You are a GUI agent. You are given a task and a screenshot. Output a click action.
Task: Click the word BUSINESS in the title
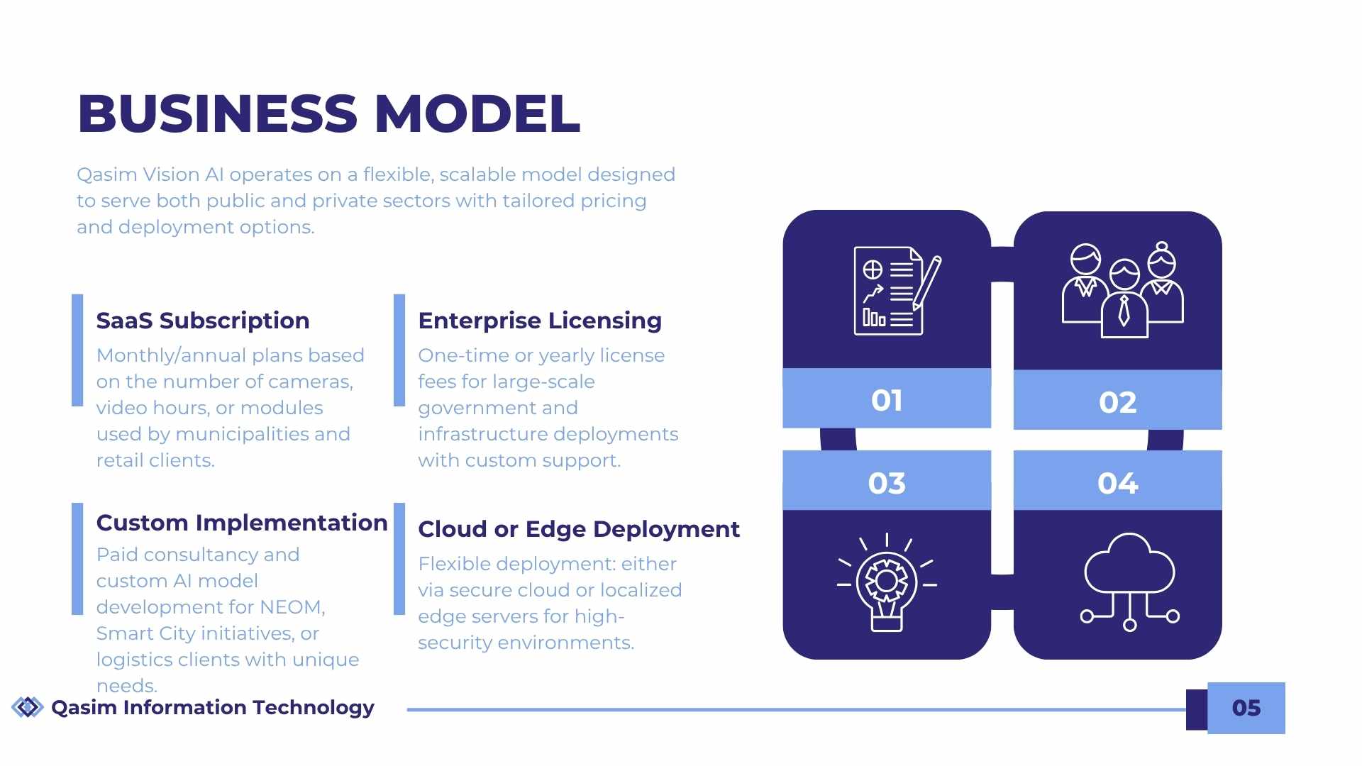pyautogui.click(x=217, y=113)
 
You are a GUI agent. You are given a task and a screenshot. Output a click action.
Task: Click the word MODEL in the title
pyautogui.click(x=477, y=113)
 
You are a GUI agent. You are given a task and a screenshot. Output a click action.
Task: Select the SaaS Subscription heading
pyautogui.click(x=203, y=321)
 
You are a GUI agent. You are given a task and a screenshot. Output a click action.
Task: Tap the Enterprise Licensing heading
pyautogui.click(x=540, y=321)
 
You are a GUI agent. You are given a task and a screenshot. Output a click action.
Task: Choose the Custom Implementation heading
pyautogui.click(x=242, y=523)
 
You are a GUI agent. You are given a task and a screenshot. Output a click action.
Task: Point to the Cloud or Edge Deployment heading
pyautogui.click(x=578, y=529)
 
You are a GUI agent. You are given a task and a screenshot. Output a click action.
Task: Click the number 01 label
pyautogui.click(x=887, y=401)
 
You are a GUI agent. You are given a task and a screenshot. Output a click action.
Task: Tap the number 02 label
pyautogui.click(x=1117, y=403)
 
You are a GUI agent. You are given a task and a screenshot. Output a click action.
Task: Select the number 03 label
pyautogui.click(x=887, y=484)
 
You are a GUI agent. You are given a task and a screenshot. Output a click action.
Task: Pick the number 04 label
pyautogui.click(x=1117, y=484)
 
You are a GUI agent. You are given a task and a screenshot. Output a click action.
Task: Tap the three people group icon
pyautogui.click(x=1122, y=291)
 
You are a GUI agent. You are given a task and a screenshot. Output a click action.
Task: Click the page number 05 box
pyautogui.click(x=1246, y=708)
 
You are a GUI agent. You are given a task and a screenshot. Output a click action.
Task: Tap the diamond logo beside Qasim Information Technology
pyautogui.click(x=28, y=707)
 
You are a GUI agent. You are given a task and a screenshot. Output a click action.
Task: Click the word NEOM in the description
pyautogui.click(x=292, y=608)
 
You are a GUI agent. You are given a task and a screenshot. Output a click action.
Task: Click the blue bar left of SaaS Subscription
pyautogui.click(x=77, y=350)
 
